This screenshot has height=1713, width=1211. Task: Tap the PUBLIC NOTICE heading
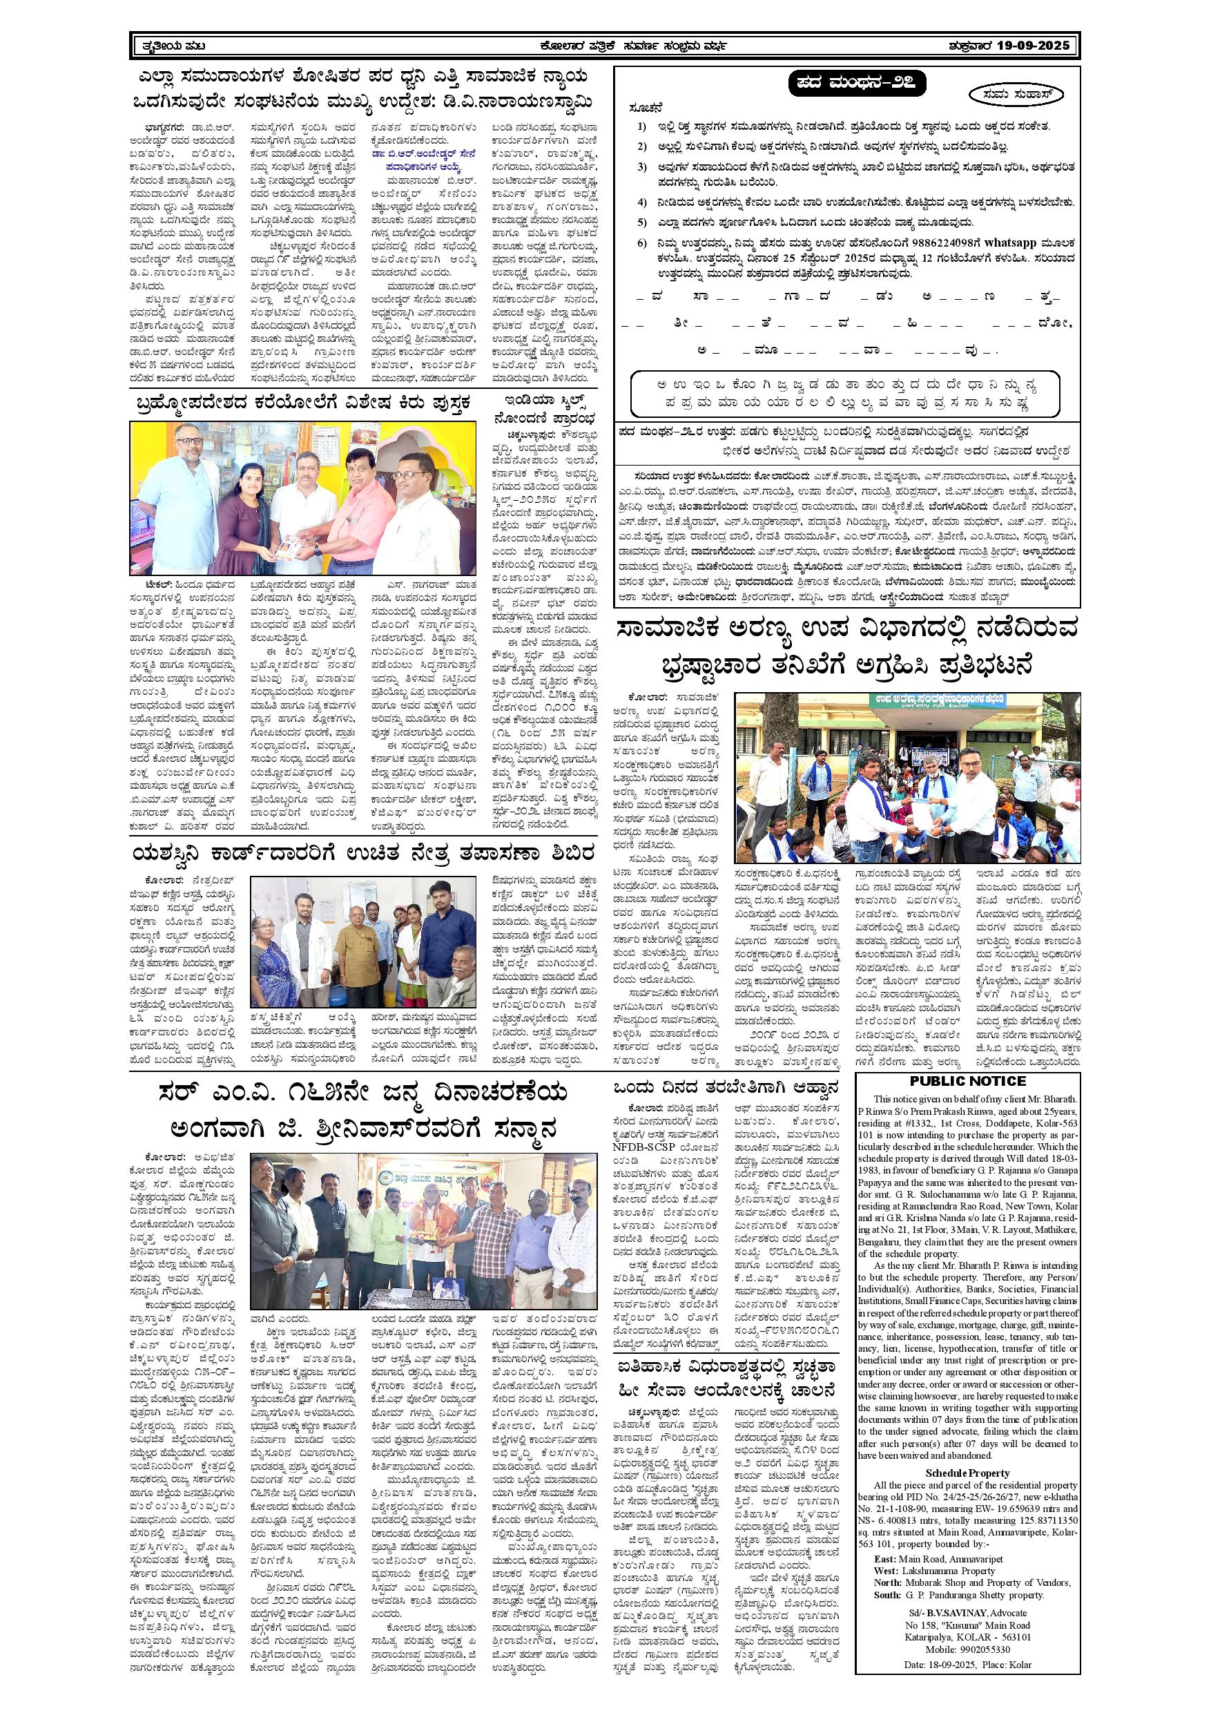tap(968, 1082)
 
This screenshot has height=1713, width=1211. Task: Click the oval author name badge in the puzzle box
tap(1017, 95)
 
